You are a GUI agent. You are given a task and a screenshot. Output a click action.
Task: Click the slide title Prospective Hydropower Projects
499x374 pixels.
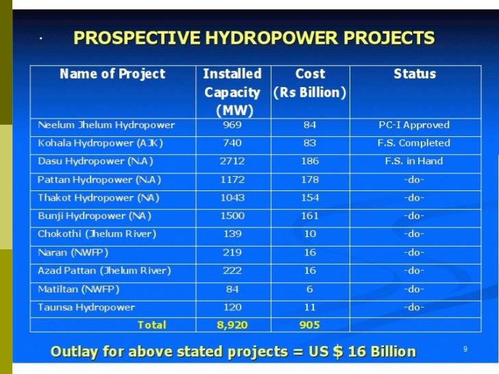coord(254,38)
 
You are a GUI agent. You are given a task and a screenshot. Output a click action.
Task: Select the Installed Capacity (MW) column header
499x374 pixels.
coord(232,91)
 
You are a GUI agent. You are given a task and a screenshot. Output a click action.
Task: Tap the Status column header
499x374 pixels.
coord(415,74)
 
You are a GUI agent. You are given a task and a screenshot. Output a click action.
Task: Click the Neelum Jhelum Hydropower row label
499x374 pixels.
coord(106,125)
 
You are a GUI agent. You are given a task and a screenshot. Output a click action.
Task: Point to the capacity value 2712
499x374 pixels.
coord(232,162)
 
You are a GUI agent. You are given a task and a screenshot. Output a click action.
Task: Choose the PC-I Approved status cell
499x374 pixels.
coord(414,125)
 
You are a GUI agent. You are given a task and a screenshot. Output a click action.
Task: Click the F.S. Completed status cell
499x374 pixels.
coord(414,143)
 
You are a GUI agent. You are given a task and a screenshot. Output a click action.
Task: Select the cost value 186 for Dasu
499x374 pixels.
coord(310,162)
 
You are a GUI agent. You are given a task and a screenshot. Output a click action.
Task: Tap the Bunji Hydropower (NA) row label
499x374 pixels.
coord(95,216)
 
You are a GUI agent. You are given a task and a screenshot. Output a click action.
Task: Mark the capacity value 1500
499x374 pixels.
coord(232,216)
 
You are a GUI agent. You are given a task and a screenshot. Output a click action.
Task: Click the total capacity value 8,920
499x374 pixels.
coord(232,325)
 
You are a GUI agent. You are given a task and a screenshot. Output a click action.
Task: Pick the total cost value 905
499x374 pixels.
coord(310,325)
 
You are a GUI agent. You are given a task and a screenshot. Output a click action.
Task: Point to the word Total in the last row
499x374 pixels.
coord(151,325)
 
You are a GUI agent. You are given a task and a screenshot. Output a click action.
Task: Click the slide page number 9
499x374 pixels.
coord(465,350)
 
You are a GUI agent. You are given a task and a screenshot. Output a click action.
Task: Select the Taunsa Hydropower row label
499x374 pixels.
coord(86,308)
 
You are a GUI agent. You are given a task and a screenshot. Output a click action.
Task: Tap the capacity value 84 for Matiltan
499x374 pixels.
coord(232,289)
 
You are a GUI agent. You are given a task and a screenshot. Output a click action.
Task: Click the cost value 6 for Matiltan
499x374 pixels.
coord(310,289)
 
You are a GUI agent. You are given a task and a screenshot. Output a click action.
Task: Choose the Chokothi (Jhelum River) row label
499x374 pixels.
coord(97,234)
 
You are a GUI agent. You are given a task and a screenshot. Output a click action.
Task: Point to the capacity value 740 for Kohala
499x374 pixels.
coord(232,143)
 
